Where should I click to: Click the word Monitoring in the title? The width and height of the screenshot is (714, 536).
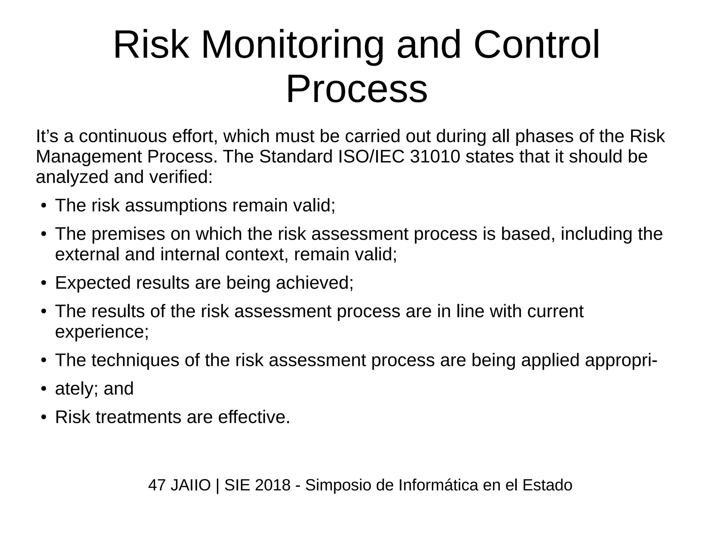point(292,46)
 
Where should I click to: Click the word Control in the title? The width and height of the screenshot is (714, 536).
point(537,46)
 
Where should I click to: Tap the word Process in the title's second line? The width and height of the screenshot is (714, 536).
point(357,89)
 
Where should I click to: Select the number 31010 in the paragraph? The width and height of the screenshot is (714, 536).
point(435,157)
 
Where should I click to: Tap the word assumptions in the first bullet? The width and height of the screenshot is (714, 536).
point(176,205)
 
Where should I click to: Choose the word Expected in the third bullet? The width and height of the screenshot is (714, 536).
point(93,282)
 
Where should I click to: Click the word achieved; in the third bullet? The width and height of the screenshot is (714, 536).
point(314,282)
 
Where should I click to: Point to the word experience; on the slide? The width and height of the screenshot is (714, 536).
point(102,331)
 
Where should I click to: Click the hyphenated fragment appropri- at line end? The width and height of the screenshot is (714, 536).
point(621,360)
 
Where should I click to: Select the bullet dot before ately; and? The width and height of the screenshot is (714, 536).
point(43,389)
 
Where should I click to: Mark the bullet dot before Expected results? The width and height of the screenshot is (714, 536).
point(43,283)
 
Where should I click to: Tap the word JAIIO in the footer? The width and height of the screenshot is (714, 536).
point(191,485)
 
